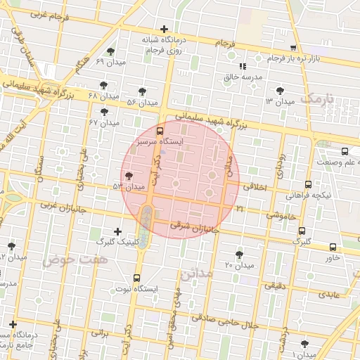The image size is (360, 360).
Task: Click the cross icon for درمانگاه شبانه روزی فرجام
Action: [164, 30]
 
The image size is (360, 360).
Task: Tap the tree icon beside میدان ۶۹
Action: [110, 51]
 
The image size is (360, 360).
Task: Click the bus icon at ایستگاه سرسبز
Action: [160, 130]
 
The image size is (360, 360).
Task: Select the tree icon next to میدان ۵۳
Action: [128, 176]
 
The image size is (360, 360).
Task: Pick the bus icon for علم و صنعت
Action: [345, 151]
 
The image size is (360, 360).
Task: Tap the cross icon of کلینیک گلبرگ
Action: [117, 231]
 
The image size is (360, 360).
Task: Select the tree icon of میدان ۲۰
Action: [240, 253]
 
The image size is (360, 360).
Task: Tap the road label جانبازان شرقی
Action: [195, 227]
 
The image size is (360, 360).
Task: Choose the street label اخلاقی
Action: [255, 187]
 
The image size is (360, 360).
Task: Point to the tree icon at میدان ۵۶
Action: [142, 91]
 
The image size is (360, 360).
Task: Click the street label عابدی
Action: [331, 295]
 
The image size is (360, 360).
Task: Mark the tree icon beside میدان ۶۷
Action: [105, 111]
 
